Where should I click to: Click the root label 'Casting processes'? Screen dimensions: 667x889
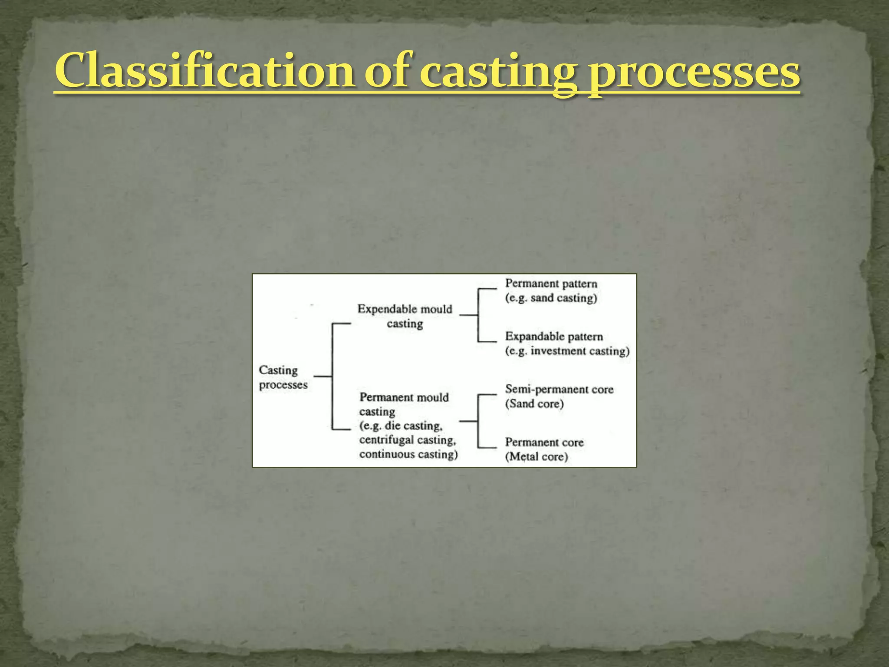[283, 377]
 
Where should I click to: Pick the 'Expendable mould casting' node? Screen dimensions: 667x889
[405, 316]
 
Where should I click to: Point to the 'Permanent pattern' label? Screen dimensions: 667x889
[551, 284]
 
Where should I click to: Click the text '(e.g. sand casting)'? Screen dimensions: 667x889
[551, 298]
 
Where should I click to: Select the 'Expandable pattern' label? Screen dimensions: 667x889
[554, 337]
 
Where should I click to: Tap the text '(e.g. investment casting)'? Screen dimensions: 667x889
[567, 351]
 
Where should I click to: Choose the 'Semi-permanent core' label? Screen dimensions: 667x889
[559, 390]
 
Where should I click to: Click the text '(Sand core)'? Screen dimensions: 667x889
[534, 404]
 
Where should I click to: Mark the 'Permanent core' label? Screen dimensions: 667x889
[544, 442]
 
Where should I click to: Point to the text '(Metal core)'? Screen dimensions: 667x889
[536, 457]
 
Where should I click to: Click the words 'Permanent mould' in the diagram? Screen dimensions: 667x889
[404, 397]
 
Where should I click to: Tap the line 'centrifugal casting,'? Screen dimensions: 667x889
[408, 440]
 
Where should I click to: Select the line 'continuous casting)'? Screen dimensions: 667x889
[408, 454]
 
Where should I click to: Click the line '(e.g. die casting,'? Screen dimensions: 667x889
[401, 426]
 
